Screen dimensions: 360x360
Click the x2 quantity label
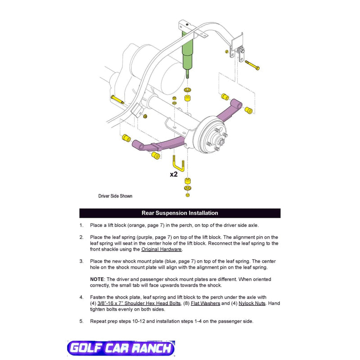pos(174,174)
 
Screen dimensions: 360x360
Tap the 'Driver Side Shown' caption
pos(115,196)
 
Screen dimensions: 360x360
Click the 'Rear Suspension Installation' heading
pos(180,213)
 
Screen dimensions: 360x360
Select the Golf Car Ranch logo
pos(120,348)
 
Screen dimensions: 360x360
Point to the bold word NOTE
pos(97,279)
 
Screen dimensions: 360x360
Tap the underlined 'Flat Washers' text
pos(205,303)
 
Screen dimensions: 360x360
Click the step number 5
pos(81,321)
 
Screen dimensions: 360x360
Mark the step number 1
pos(81,225)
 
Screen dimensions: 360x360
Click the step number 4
pos(81,297)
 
